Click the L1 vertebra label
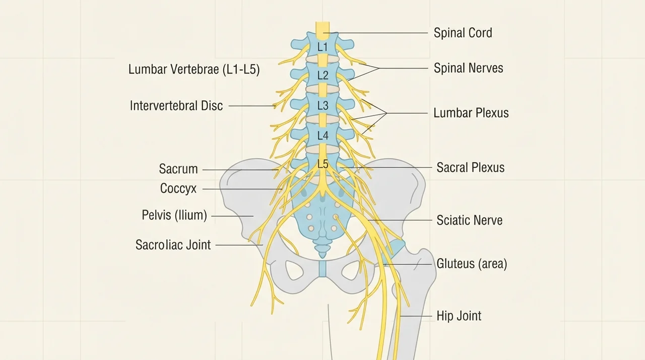pyautogui.click(x=322, y=47)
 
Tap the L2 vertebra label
pyautogui.click(x=323, y=76)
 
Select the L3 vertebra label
pyautogui.click(x=323, y=106)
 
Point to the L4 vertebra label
pyautogui.click(x=323, y=135)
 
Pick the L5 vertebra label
pyautogui.click(x=323, y=164)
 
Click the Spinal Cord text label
pyautogui.click(x=463, y=33)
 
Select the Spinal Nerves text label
pyautogui.click(x=469, y=68)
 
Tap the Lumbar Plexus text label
pyautogui.click(x=471, y=113)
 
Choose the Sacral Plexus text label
pyautogui.click(x=471, y=167)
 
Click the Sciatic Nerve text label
pyautogui.click(x=469, y=220)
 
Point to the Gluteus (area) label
pyautogui.click(x=472, y=264)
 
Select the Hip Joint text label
pyautogui.click(x=459, y=316)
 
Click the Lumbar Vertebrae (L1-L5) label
pyautogui.click(x=194, y=70)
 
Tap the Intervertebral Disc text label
pyautogui.click(x=176, y=106)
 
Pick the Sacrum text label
pyautogui.click(x=178, y=169)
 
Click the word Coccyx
pyautogui.click(x=178, y=189)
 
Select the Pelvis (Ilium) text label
pyautogui.click(x=174, y=215)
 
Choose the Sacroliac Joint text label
pyautogui.click(x=173, y=245)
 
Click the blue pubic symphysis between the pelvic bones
pyautogui.click(x=322, y=269)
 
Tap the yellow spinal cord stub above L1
pyautogui.click(x=322, y=31)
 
